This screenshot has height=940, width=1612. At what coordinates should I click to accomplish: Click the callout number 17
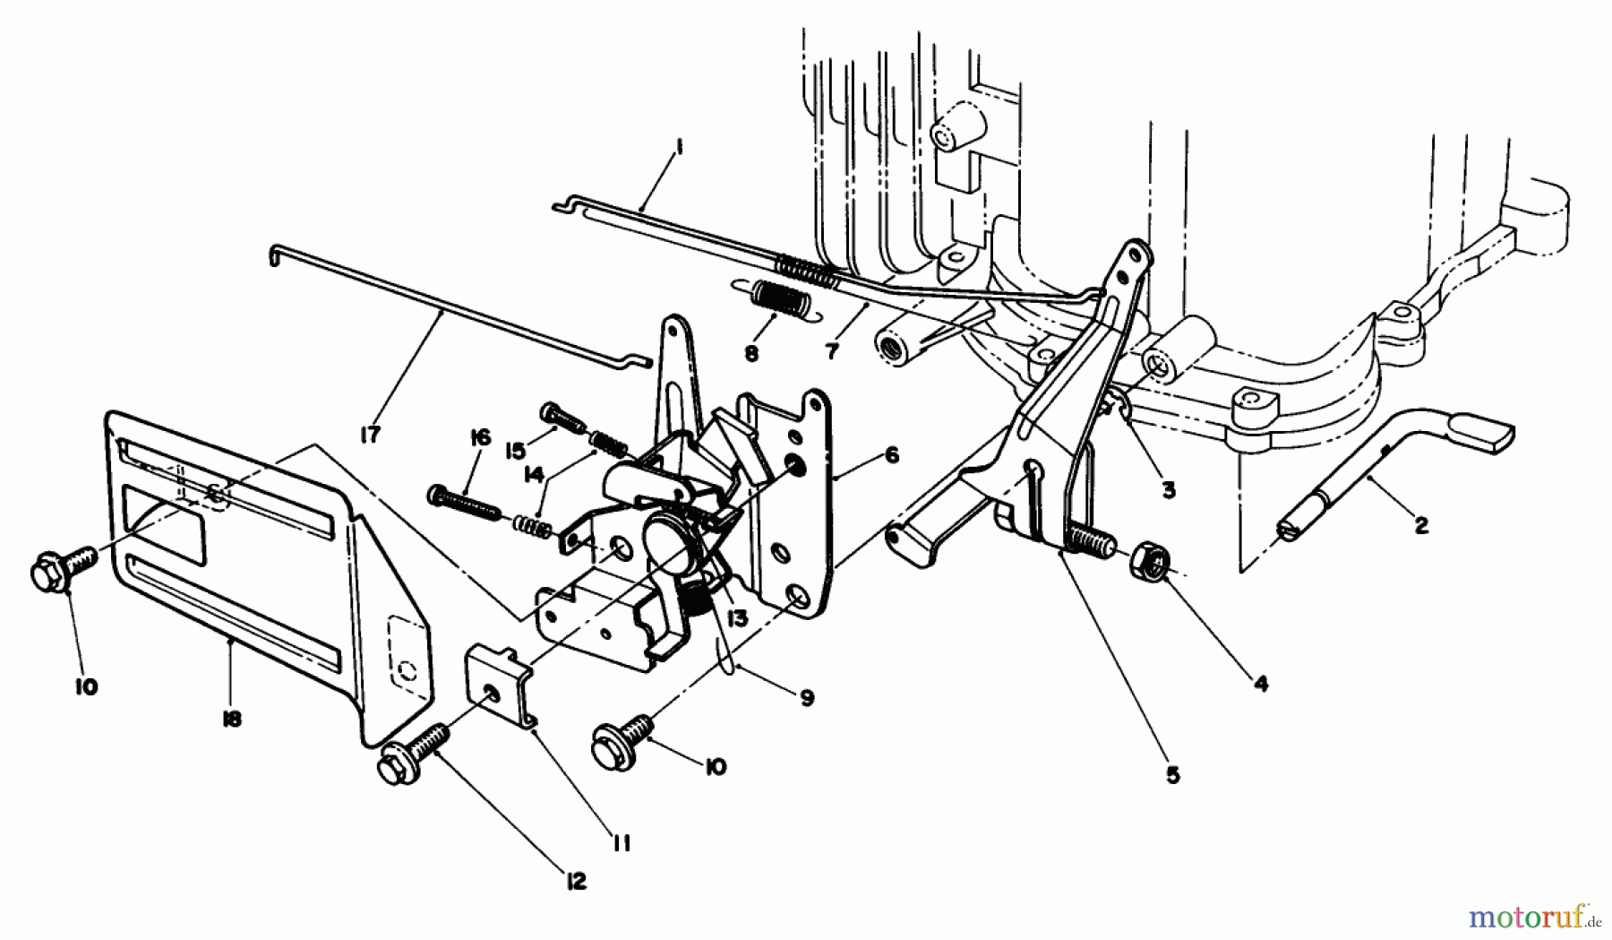pyautogui.click(x=370, y=435)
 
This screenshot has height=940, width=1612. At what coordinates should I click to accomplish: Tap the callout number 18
pyautogui.click(x=231, y=719)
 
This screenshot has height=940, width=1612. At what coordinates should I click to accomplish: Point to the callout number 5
pyautogui.click(x=1173, y=775)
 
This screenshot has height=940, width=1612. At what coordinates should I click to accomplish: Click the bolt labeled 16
pyautogui.click(x=463, y=500)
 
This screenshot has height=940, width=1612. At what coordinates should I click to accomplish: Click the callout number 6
pyautogui.click(x=891, y=455)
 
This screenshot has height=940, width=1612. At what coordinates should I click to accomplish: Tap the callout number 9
pyautogui.click(x=807, y=698)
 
